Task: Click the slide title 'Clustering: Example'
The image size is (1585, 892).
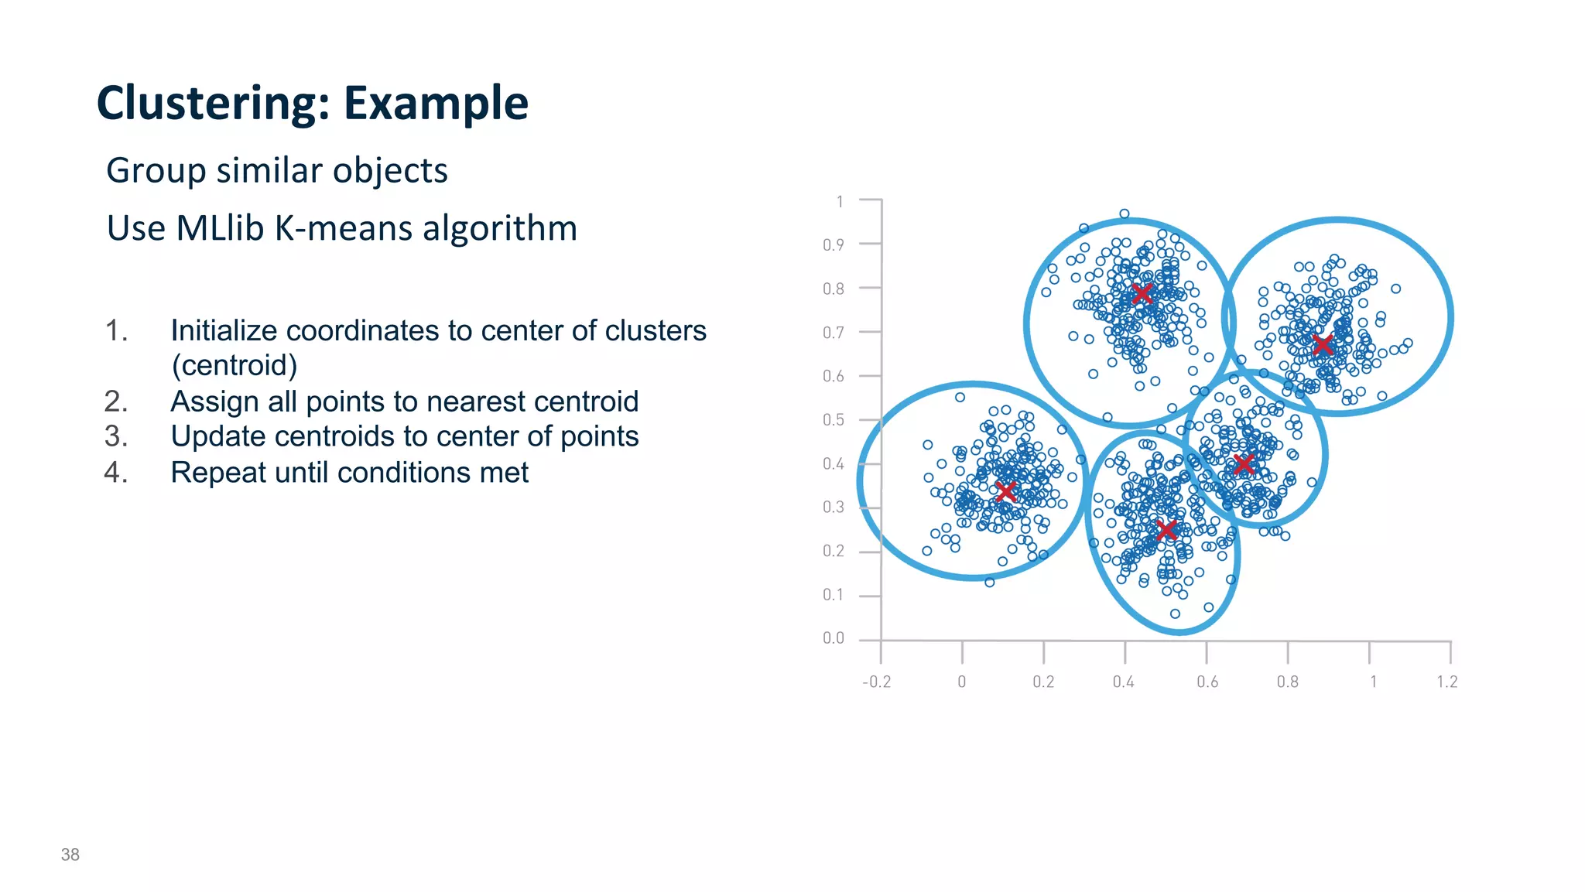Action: [x=312, y=103]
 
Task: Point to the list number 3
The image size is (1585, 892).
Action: [x=115, y=436]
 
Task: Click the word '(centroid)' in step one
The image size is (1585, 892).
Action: [x=234, y=365]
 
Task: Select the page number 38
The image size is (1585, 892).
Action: [x=70, y=854]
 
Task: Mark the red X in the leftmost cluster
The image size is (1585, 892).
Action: [x=1006, y=491]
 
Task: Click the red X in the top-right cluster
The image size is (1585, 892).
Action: [x=1323, y=344]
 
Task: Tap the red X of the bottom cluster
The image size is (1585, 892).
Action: [x=1166, y=530]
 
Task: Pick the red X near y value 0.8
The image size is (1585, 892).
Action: [x=1142, y=294]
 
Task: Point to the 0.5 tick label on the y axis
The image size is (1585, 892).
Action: [x=834, y=420]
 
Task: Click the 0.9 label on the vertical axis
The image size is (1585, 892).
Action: [x=834, y=245]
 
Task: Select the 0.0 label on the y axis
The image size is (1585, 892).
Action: [x=834, y=638]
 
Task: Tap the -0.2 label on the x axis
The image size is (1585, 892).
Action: [x=876, y=682]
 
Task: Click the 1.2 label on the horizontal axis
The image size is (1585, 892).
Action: [x=1446, y=682]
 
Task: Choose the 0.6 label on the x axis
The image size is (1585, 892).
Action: [x=1207, y=682]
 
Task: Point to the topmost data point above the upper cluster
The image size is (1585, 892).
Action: [x=1125, y=214]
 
